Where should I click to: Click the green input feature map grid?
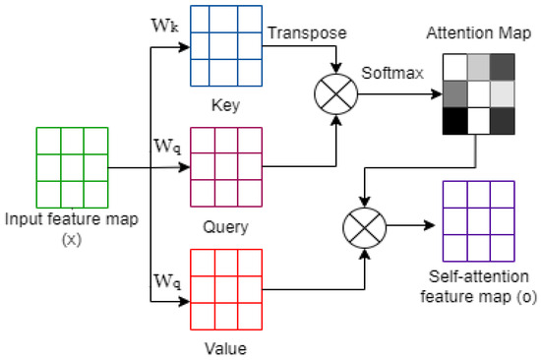(69, 165)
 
